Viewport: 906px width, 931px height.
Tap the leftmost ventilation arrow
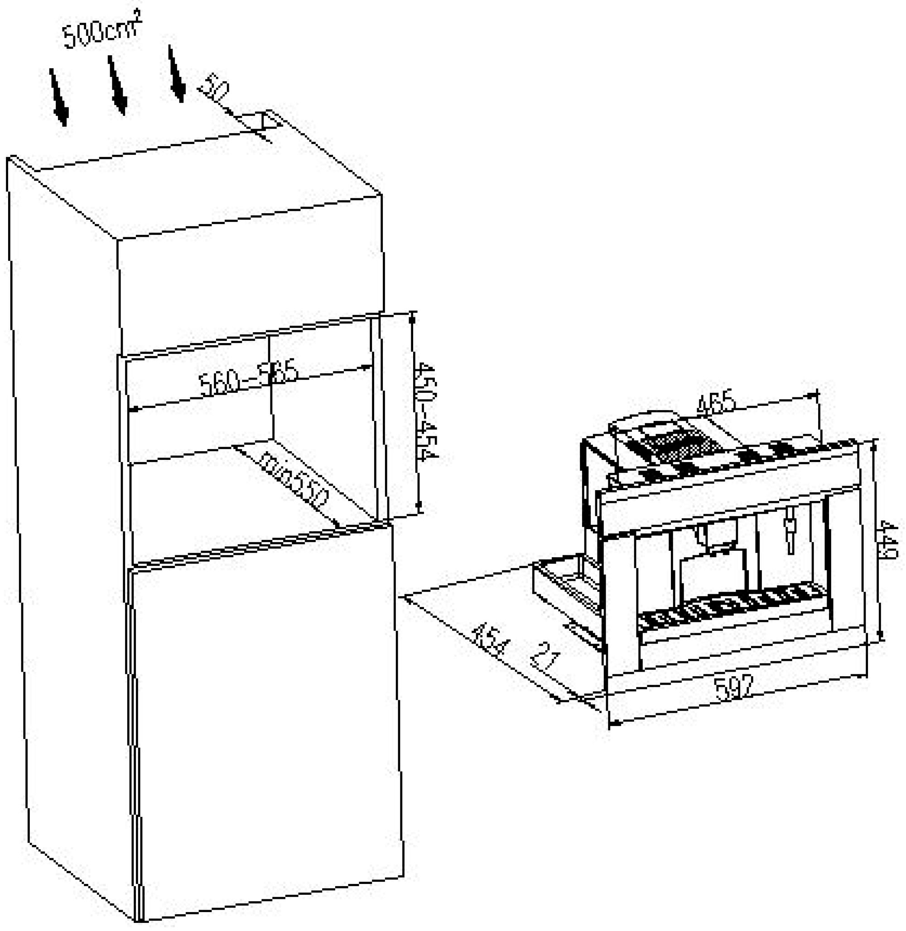[x=58, y=98]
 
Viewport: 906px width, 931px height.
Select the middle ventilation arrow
[x=117, y=86]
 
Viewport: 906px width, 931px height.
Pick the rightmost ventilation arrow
[x=176, y=74]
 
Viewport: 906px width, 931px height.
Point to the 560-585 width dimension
[x=247, y=378]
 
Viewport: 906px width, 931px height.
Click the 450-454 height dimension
[x=425, y=412]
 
